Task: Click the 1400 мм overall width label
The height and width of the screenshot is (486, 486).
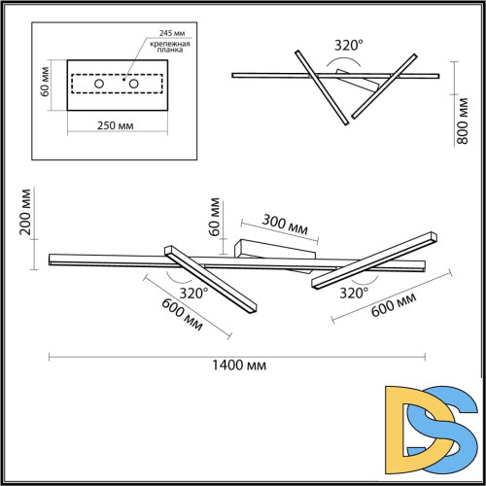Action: coord(242,364)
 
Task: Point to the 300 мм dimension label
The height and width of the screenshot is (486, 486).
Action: coord(286,225)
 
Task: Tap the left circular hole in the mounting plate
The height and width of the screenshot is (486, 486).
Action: coord(99,84)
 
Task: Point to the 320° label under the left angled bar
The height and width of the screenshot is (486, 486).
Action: coord(194,292)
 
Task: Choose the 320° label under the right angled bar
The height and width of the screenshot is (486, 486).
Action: coord(354,292)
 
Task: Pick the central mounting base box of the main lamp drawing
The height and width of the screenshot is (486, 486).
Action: coord(274,249)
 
